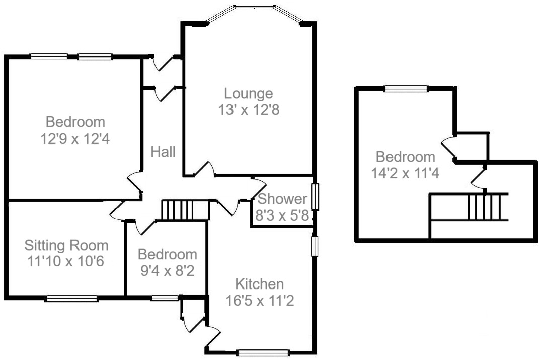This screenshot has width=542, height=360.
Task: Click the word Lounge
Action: coord(249,93)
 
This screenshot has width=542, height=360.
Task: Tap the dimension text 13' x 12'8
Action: coord(249,109)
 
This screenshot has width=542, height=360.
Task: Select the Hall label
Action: coord(163,151)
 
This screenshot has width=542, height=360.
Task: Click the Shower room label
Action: coord(282,199)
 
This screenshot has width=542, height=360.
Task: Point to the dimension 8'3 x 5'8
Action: coord(282,217)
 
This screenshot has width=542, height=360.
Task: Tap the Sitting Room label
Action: coord(66,245)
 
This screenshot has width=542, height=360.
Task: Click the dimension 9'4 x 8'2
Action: coord(167,270)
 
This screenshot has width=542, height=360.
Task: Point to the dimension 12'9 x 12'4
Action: coord(75,138)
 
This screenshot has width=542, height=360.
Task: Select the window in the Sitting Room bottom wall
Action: coord(71,298)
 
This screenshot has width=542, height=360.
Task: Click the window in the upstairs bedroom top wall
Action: coord(406,88)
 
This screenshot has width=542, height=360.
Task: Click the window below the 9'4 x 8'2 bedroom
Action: coord(165,298)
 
